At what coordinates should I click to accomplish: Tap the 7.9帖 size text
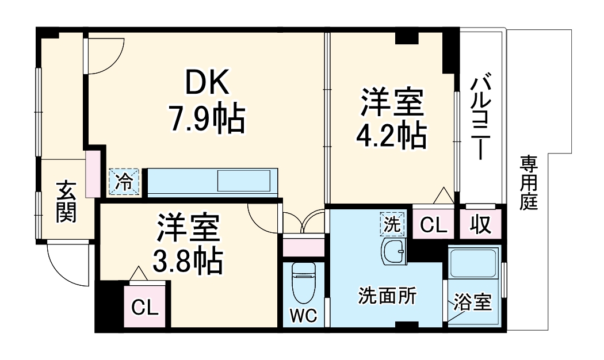click(x=207, y=119)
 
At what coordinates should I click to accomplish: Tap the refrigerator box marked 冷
click(x=124, y=182)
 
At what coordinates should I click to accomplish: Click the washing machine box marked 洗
click(x=392, y=224)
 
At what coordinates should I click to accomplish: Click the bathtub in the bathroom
click(x=475, y=265)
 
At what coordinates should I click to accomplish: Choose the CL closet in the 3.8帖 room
click(x=144, y=308)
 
